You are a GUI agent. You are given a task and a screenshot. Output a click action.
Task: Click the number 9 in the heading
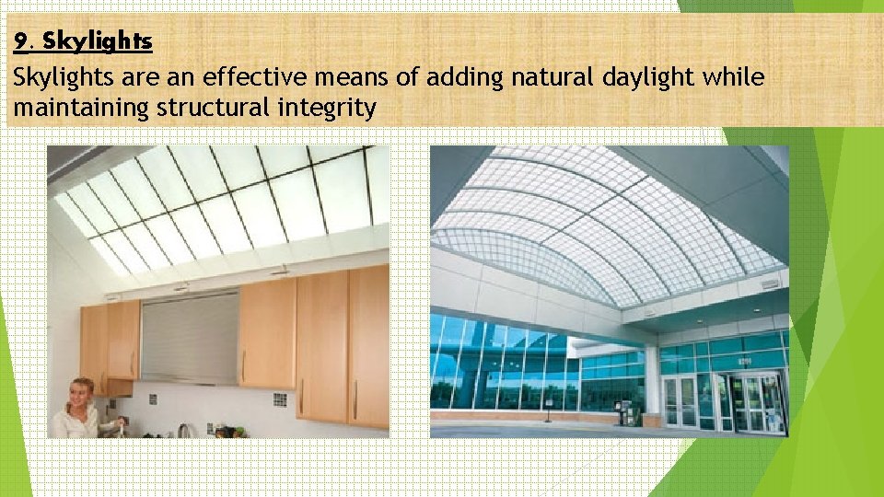point(20,41)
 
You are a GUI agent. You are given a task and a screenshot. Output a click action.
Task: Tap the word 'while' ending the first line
point(733,77)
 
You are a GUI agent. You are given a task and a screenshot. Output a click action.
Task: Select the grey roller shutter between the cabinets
point(189,335)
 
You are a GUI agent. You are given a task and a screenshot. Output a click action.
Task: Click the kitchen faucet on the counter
point(184,429)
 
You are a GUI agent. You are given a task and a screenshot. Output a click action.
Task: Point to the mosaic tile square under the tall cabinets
point(280,399)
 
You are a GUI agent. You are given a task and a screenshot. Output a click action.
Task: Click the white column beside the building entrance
point(652,386)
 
